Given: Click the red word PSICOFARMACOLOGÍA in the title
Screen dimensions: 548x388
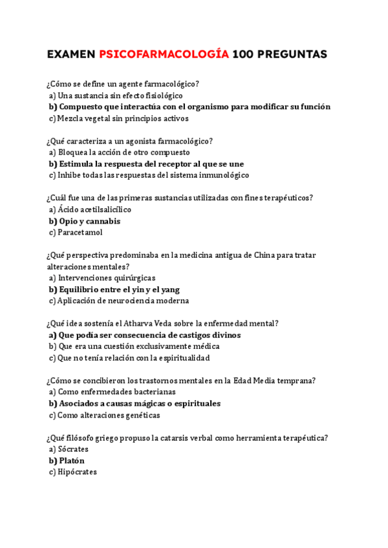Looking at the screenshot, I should (164, 54).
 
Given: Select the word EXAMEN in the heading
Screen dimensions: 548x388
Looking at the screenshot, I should (71, 54).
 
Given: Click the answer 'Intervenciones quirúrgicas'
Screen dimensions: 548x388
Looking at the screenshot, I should (102, 278).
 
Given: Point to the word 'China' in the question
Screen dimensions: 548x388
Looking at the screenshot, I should (264, 255).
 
